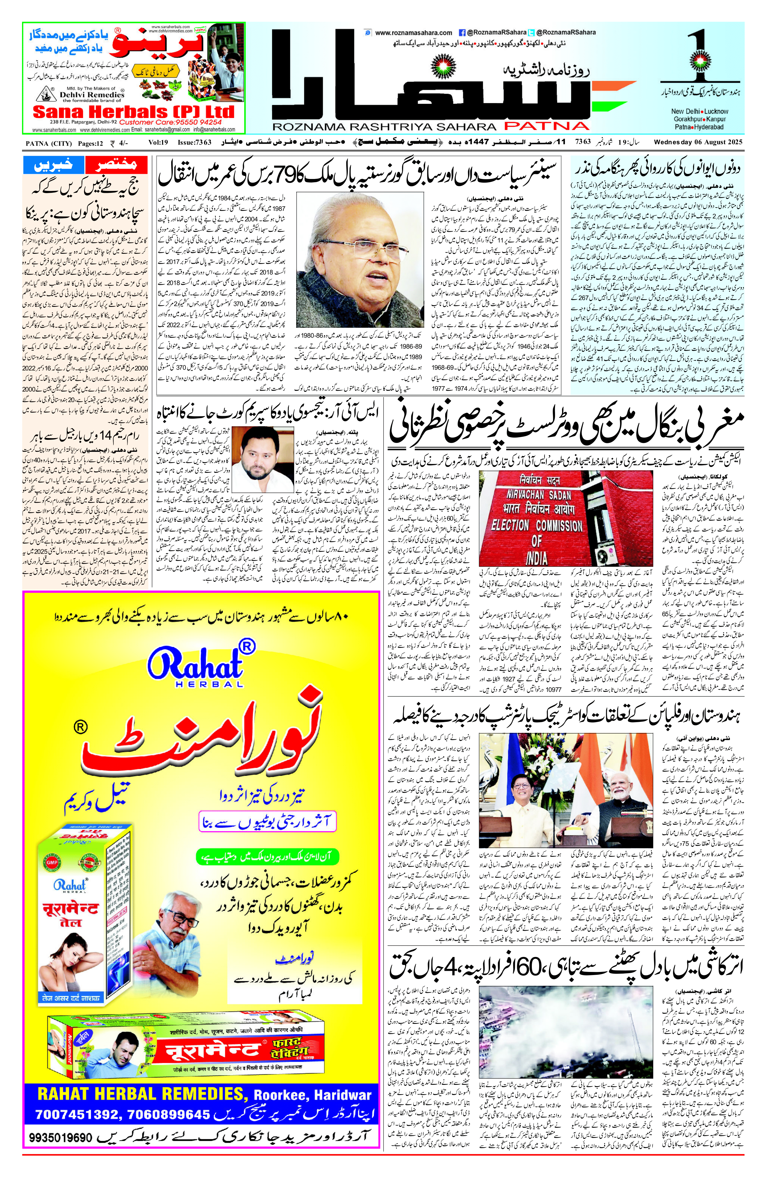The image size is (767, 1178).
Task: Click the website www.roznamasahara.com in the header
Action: pyautogui.click(x=414, y=33)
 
